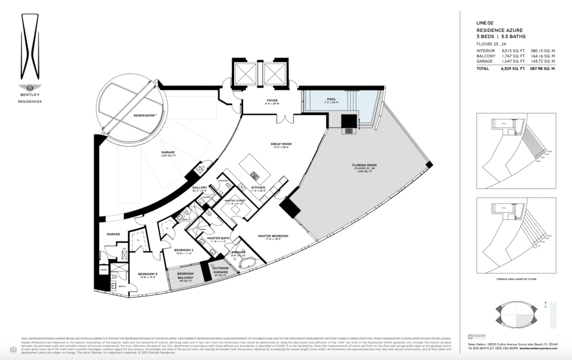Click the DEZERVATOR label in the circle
[x=127, y=116]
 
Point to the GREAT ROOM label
[x=282, y=144]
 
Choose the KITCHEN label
[x=258, y=187]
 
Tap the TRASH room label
[x=103, y=269]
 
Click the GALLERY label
[x=199, y=187]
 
